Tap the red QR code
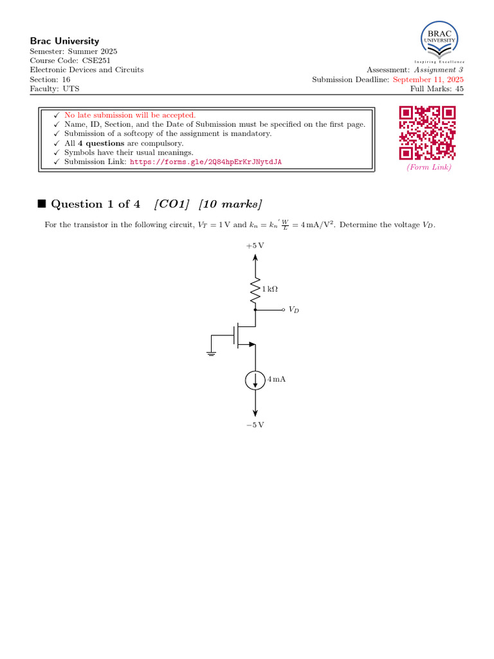[428, 133]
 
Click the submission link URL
[206, 162]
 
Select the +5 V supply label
[255, 246]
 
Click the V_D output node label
[294, 310]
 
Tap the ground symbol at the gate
[210, 351]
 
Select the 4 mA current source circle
[255, 380]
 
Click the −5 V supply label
[255, 425]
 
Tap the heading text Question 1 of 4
[95, 205]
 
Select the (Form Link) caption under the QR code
[428, 167]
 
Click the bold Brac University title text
[64, 41]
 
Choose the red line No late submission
[130, 115]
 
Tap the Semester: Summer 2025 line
[74, 51]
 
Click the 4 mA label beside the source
[277, 380]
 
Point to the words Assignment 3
[438, 70]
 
